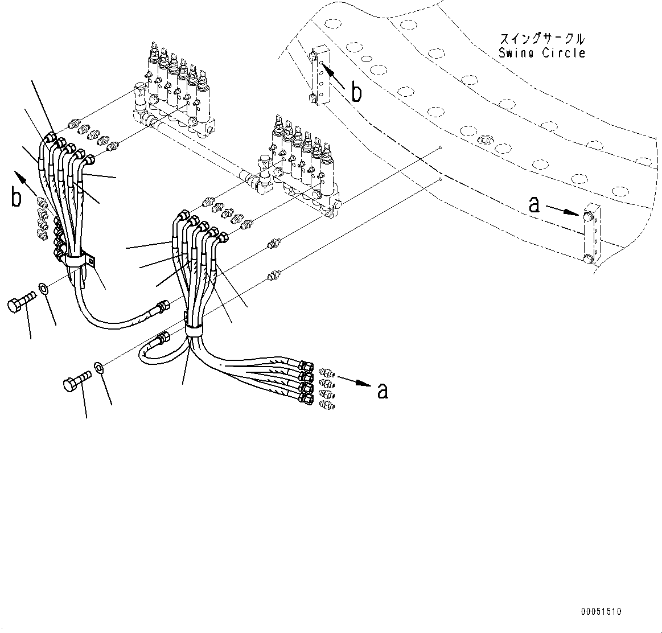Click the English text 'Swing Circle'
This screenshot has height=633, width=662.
coord(541,53)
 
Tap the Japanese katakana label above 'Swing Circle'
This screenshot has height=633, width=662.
coord(541,39)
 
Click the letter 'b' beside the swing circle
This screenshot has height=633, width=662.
coord(356,92)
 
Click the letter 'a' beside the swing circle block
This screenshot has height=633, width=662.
coord(534,204)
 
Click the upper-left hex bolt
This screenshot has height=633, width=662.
coord(22,302)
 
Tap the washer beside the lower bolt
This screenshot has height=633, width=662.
coord(99,367)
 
